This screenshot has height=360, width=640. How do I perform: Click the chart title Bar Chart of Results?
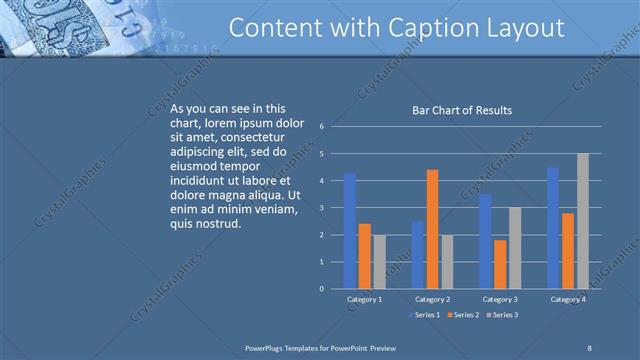[462, 110]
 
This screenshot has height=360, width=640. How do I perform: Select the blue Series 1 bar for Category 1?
[350, 230]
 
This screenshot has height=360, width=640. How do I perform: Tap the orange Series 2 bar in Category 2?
[432, 229]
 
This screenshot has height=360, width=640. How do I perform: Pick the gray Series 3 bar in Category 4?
[582, 221]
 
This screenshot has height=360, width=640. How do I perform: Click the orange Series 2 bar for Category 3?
[500, 264]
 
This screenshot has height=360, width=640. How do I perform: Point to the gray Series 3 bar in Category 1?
[379, 261]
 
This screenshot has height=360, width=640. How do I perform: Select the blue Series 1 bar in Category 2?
[417, 255]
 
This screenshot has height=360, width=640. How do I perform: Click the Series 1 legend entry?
[424, 315]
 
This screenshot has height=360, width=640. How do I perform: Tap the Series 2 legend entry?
[463, 315]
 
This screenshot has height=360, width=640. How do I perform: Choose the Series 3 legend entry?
[502, 315]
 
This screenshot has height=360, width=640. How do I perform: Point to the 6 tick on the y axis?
[322, 127]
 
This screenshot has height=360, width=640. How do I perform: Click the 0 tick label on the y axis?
[322, 289]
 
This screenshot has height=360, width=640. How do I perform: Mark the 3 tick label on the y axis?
[322, 208]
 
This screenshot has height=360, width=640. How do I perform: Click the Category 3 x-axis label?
[499, 299]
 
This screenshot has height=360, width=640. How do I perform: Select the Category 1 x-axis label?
[364, 299]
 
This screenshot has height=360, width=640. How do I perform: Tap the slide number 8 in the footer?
[589, 347]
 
